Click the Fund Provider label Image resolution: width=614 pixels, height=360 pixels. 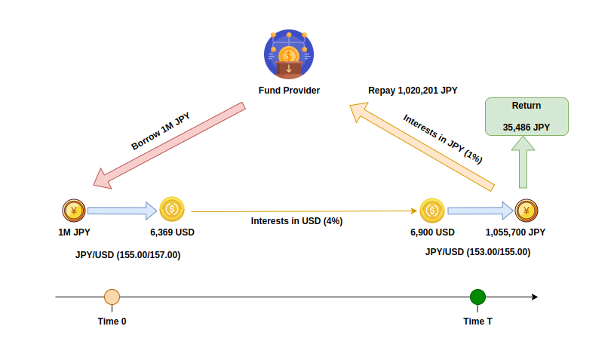tap(289, 91)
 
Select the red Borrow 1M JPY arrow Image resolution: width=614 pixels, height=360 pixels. tap(168, 146)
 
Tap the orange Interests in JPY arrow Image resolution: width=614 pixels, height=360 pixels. tap(422, 146)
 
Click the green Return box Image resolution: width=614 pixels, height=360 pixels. tap(526, 117)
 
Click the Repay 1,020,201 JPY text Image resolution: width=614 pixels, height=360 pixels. tap(413, 91)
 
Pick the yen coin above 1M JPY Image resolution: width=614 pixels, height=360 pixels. tap(73, 211)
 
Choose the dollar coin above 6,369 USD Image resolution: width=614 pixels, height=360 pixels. tap(172, 210)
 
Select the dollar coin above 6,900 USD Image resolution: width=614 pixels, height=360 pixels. tap(432, 211)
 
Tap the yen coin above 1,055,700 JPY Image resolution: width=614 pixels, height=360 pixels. tap(527, 211)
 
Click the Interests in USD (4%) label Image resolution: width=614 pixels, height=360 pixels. tap(297, 221)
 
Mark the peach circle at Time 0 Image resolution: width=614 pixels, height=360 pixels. tap(112, 297)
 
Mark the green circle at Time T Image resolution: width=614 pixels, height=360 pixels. tap(477, 297)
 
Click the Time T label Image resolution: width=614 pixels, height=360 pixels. tap(477, 321)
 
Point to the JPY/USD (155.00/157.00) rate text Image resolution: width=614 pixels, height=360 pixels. tap(127, 255)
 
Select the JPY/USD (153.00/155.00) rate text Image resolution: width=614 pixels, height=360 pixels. tap(477, 252)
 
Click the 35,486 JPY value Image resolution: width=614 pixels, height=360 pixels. tap(526, 128)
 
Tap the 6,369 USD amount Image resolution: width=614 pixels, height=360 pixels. tap(172, 232)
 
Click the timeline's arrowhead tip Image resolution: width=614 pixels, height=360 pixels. tap(536, 297)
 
